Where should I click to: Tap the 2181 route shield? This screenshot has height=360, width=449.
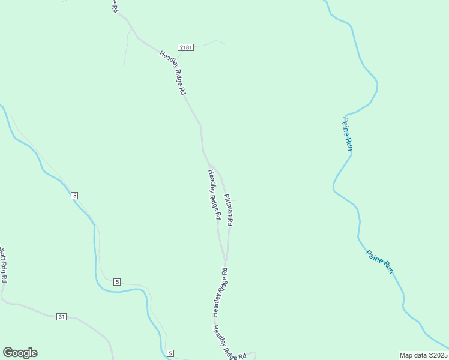click(x=185, y=47)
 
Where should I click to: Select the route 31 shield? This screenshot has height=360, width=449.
click(x=61, y=316)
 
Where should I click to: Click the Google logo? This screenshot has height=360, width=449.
click(x=20, y=353)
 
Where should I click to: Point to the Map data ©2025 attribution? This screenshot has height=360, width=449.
click(x=424, y=355)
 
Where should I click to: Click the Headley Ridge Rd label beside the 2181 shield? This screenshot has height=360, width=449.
click(x=173, y=73)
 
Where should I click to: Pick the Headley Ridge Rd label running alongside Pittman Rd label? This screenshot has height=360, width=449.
click(x=214, y=195)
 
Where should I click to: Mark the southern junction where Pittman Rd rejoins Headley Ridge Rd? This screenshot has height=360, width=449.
click(x=225, y=262)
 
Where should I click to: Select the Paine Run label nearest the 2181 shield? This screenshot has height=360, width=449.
click(x=347, y=133)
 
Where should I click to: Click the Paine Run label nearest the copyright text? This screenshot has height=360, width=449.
click(x=380, y=262)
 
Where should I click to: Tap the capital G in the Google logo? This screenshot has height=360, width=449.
click(x=8, y=353)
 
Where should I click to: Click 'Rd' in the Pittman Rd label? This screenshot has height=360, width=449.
click(x=231, y=221)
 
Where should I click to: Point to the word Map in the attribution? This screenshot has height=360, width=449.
click(x=406, y=355)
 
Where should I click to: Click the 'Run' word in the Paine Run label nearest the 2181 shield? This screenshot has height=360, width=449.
click(x=348, y=142)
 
